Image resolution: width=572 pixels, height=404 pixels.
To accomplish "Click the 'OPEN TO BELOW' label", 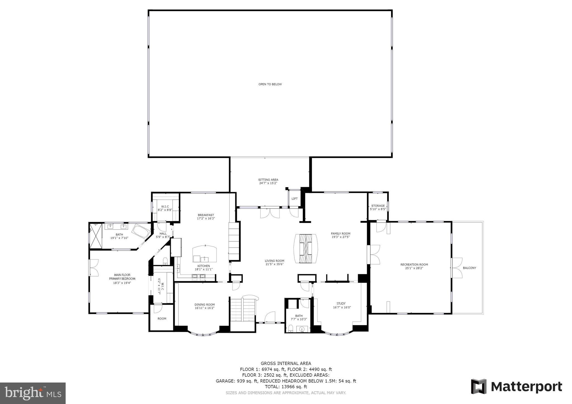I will tap(270, 84).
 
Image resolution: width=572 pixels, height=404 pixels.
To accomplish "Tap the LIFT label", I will tap(294, 199).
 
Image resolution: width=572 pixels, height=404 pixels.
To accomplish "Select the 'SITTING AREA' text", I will tap(268, 180).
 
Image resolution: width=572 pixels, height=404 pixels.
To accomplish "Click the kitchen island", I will tap(204, 254).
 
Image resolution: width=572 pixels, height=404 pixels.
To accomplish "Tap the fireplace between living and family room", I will tap(306, 248).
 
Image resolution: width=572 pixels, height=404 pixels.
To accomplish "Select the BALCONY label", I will tap(469, 268).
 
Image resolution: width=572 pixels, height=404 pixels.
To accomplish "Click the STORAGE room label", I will tap(378, 206).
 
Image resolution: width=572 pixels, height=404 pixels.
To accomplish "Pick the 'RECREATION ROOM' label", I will tap(414, 265).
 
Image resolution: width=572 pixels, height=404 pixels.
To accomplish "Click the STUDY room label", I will tap(341, 304).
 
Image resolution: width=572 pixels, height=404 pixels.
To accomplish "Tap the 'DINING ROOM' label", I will tap(204, 305).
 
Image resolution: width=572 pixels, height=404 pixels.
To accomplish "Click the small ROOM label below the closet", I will tap(162, 319).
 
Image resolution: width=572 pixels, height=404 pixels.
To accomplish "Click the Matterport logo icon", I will tap(479, 386).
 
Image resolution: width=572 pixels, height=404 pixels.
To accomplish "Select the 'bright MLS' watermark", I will tap(33, 393).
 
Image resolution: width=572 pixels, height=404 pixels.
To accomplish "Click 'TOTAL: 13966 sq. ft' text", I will tap(286, 387).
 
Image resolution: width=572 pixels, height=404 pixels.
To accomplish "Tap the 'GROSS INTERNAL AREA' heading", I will tap(286, 363).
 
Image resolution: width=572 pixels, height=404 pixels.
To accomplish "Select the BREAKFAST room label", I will tap(206, 215).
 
